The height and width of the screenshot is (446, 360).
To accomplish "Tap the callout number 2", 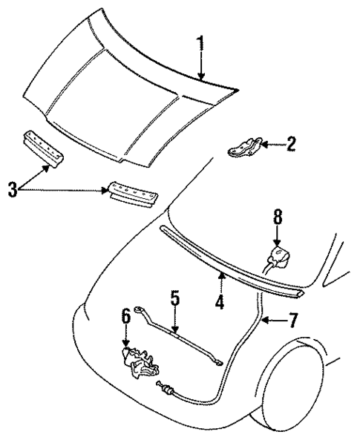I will [x=290, y=144].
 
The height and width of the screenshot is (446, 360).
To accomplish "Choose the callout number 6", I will [x=126, y=318].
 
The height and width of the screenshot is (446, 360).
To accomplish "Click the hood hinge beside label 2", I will [x=245, y=145].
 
